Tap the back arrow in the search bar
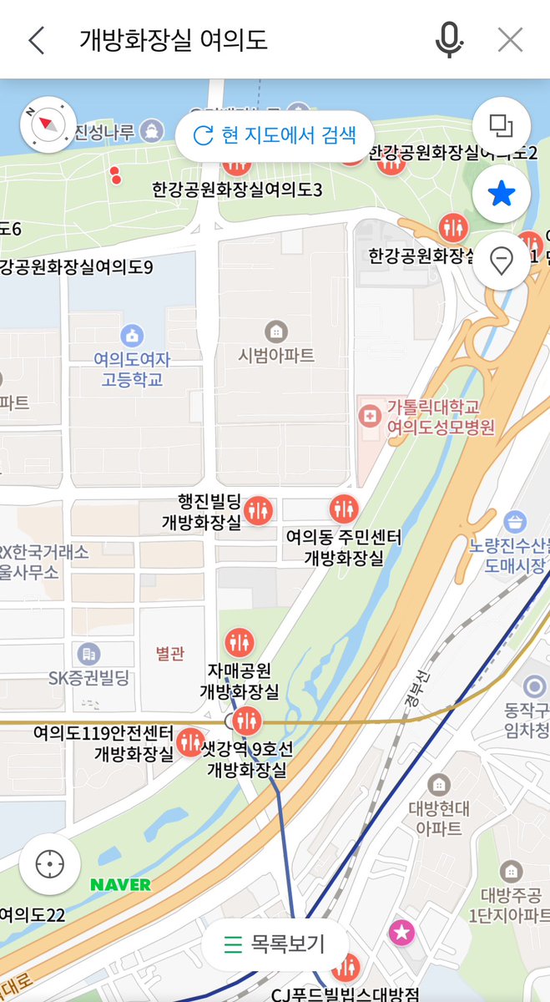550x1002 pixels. coord(36,40)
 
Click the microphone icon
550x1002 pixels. coord(449,39)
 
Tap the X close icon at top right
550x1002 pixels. coord(510,39)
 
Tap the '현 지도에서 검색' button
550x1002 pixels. coord(274,135)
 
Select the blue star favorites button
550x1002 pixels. coord(501,195)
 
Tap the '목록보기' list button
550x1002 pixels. coord(275,944)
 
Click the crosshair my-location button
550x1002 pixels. coord(50,863)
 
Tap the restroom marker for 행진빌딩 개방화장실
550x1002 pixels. coord(259,509)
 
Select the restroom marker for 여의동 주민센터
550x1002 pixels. coord(343,507)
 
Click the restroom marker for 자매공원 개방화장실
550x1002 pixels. coord(240,642)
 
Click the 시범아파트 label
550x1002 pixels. coord(276,355)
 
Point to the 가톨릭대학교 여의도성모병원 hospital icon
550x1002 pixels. coord(368,415)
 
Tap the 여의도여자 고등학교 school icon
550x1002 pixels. coord(132,337)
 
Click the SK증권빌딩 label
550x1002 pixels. coord(89,677)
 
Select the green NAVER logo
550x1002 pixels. coord(120,884)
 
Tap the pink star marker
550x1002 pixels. coord(402,932)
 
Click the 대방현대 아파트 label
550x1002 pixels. coord(440,817)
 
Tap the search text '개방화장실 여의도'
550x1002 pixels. coord(174,40)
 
